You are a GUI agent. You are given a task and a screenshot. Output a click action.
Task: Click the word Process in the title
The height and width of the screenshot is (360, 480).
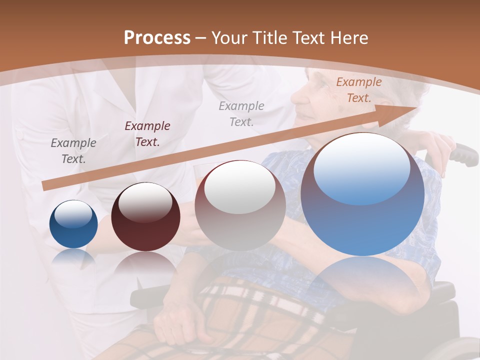click(157, 38)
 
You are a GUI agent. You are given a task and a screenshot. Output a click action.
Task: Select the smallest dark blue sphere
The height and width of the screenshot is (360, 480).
click(73, 224)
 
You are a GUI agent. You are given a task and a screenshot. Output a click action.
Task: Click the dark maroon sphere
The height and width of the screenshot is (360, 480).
click(145, 217)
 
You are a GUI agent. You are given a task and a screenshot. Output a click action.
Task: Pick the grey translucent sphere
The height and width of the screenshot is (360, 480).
click(240, 206)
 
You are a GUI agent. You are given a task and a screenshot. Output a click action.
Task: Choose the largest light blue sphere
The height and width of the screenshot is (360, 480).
click(362, 195)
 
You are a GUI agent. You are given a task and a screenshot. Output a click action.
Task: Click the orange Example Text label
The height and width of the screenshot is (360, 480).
click(358, 90)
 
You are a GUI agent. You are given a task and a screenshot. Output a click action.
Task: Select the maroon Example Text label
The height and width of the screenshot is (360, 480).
click(147, 134)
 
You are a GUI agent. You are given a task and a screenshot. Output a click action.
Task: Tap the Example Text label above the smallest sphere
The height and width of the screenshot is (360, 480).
click(73, 151)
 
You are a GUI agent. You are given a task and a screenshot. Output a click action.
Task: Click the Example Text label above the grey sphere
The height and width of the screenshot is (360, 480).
click(241, 113)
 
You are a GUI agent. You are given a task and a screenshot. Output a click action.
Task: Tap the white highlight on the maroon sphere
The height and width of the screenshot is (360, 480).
click(145, 202)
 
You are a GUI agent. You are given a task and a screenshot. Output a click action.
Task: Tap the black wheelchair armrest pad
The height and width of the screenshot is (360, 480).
click(150, 295)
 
